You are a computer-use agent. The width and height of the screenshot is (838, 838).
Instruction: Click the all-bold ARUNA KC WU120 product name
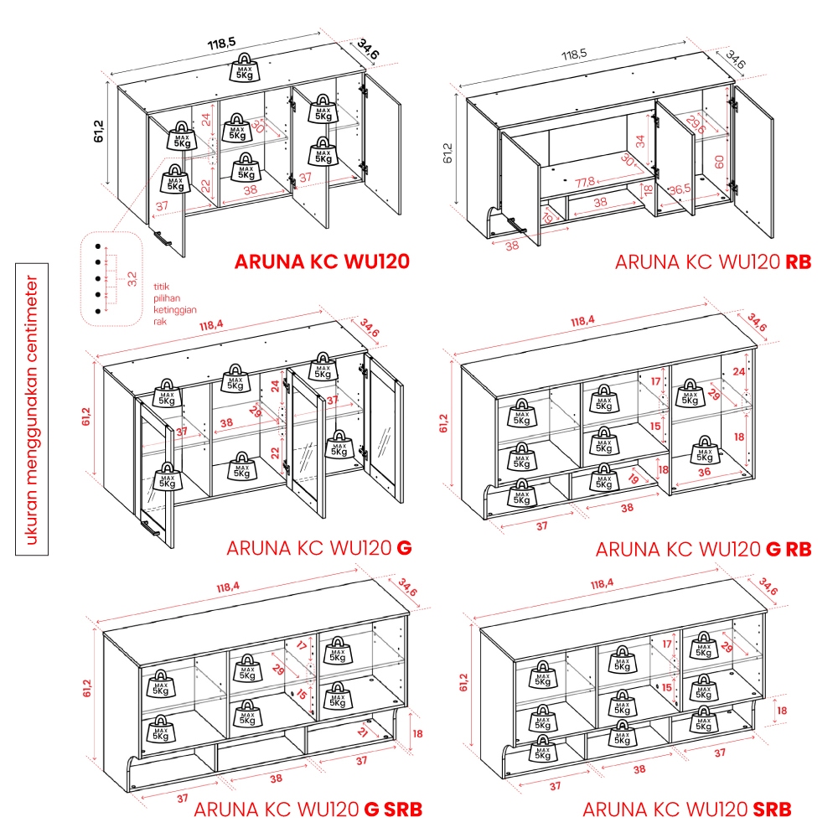[322, 261]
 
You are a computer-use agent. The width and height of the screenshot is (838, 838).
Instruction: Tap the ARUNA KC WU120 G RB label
[703, 550]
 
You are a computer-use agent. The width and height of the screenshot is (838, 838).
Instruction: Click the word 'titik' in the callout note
[162, 287]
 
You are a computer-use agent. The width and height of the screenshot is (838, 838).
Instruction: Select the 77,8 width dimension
[585, 181]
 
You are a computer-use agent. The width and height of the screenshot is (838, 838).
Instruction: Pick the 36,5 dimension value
[680, 189]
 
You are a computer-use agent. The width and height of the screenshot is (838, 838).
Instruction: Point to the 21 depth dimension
[362, 732]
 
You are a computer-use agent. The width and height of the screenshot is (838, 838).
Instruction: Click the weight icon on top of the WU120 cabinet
[244, 66]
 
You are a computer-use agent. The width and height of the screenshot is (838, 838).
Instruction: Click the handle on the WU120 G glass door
[151, 528]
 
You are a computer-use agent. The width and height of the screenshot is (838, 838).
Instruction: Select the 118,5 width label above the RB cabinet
[574, 54]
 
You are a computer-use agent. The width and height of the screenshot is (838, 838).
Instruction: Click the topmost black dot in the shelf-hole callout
[97, 246]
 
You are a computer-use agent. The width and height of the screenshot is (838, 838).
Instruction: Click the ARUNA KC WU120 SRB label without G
[686, 810]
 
